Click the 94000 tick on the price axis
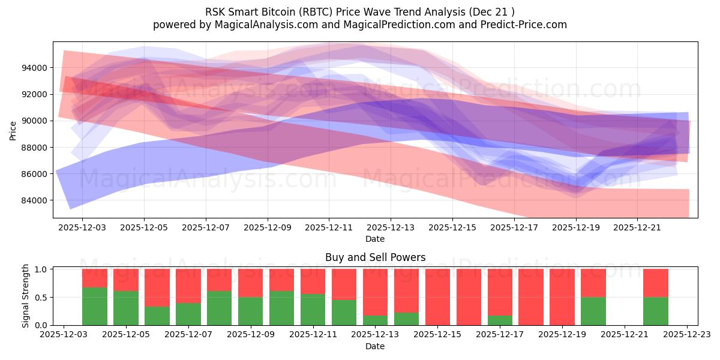[x=34, y=68]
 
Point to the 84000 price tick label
[x=34, y=200]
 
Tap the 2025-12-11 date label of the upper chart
[x=329, y=228]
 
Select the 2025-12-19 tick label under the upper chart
[x=575, y=228]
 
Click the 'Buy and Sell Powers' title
[x=375, y=257]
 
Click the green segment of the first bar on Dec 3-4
[x=95, y=306]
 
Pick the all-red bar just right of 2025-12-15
[x=469, y=297]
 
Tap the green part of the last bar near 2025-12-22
[x=655, y=311]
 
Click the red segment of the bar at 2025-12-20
[x=593, y=283]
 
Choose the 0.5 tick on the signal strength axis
[x=41, y=297]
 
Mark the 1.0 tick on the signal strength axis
[x=41, y=269]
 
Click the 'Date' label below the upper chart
[x=375, y=239]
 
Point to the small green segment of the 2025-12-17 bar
[x=500, y=320]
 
